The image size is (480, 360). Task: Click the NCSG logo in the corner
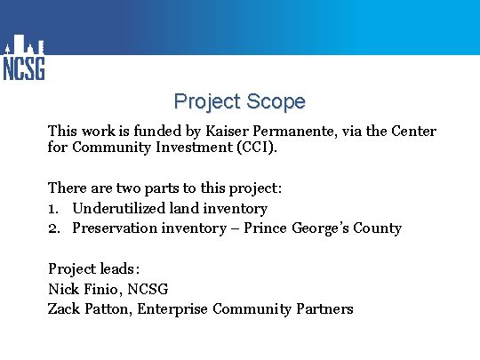24,59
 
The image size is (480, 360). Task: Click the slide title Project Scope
239,101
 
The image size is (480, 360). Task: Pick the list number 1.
52,209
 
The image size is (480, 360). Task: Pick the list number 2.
53,228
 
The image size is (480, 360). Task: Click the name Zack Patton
84,309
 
